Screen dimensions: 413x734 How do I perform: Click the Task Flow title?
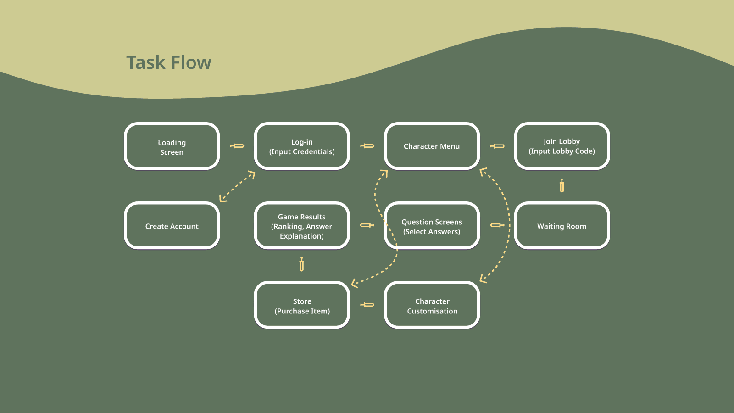(x=169, y=63)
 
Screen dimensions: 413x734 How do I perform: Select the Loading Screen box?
(x=172, y=146)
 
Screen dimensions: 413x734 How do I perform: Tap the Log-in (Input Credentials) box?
(x=302, y=146)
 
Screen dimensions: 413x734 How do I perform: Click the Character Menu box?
(x=432, y=146)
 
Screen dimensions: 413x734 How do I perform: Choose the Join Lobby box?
(x=562, y=146)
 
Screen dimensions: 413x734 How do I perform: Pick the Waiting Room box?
(x=562, y=226)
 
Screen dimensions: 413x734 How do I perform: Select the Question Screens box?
(x=432, y=226)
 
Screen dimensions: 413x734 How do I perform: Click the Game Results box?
(x=302, y=226)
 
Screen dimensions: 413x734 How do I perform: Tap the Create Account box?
(x=172, y=226)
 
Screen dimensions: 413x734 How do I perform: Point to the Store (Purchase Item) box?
(x=302, y=306)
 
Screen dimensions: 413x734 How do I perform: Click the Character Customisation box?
(x=432, y=306)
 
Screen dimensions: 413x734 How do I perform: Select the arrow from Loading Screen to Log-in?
(x=237, y=146)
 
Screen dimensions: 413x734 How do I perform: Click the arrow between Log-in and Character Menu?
(x=367, y=146)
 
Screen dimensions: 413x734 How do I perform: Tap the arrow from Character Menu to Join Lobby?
(x=497, y=146)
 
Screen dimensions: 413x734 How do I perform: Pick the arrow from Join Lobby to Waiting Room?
(x=562, y=186)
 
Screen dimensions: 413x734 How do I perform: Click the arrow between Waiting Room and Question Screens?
(x=497, y=225)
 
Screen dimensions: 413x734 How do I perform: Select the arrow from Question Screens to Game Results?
(x=367, y=225)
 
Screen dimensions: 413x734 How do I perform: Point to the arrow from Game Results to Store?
(x=301, y=265)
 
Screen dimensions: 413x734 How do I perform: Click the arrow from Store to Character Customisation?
(x=367, y=305)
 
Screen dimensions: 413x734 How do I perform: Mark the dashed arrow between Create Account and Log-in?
(x=237, y=186)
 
